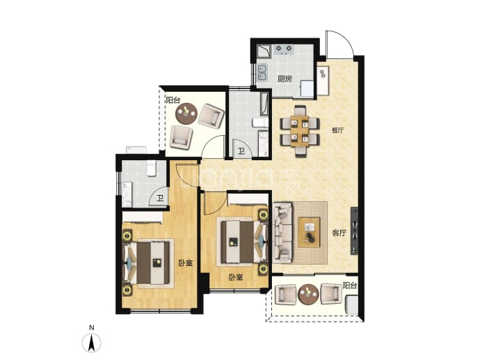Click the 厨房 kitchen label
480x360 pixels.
(x=285, y=79)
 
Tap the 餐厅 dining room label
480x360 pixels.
(x=337, y=130)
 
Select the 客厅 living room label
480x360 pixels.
(x=339, y=233)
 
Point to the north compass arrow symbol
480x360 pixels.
(x=91, y=343)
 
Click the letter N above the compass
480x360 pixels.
(x=91, y=328)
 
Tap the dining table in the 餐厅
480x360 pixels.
(x=300, y=131)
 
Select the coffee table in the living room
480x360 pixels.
(x=309, y=233)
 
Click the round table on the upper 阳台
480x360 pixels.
(x=186, y=114)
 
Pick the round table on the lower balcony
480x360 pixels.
(x=309, y=295)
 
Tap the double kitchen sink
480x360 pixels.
(x=262, y=72)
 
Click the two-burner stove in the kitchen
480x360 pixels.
(x=284, y=49)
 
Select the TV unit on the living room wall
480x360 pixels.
(x=354, y=230)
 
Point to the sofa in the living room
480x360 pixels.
(x=282, y=233)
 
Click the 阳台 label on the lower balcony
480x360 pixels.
(x=350, y=286)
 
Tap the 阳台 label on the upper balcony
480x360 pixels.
(x=173, y=100)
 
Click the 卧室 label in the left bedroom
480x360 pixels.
(x=186, y=263)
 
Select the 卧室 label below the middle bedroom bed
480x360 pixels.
(x=236, y=278)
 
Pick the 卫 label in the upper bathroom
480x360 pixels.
(x=241, y=151)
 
